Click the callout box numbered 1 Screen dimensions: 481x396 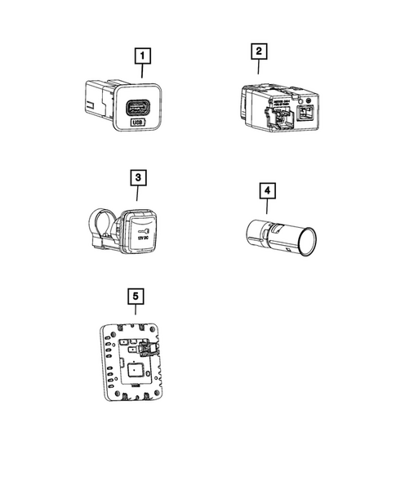click(x=143, y=56)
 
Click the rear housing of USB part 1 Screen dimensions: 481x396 click(x=96, y=96)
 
